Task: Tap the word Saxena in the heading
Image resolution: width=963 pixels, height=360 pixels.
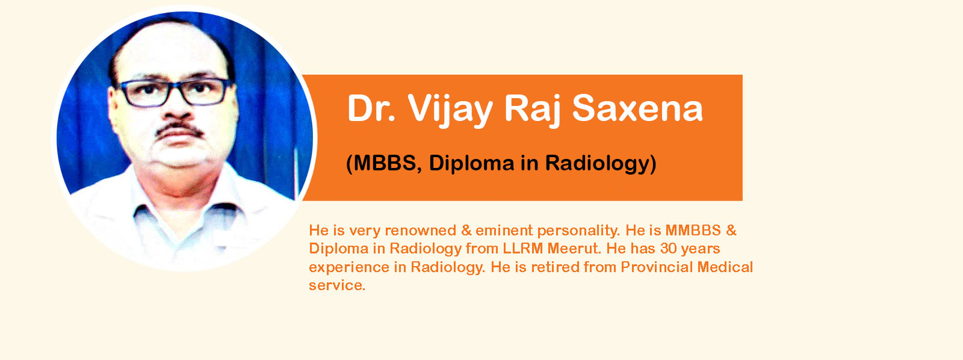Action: click(x=637, y=108)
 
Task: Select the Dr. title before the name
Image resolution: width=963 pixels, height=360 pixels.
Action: click(x=371, y=108)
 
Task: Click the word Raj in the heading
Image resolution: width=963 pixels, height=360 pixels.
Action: click(x=532, y=110)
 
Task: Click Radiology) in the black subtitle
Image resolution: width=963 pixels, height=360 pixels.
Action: click(x=601, y=163)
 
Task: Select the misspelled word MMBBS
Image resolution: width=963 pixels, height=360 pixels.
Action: click(x=693, y=231)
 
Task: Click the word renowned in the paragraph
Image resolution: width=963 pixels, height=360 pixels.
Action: click(x=421, y=231)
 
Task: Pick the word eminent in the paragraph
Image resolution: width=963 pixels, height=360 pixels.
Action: click(x=503, y=231)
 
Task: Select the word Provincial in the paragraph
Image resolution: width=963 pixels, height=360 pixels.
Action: click(x=657, y=267)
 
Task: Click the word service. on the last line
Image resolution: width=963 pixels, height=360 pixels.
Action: click(x=337, y=285)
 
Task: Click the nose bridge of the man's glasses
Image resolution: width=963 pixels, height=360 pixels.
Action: click(x=177, y=86)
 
